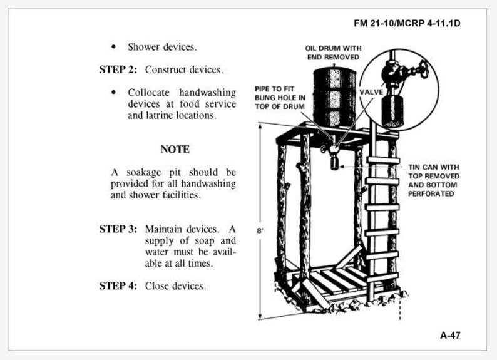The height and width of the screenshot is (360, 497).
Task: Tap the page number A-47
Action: (x=450, y=335)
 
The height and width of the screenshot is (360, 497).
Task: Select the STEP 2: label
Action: (x=118, y=69)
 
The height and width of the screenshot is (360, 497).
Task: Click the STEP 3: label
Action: (x=118, y=229)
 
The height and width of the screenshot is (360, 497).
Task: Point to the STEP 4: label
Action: (x=118, y=286)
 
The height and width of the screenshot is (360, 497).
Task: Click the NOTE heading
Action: (x=175, y=150)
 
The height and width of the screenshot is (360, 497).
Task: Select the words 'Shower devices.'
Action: (x=162, y=47)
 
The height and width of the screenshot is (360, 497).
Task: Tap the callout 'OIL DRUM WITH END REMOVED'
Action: (x=332, y=53)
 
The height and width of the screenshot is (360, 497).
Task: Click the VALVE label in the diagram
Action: (x=371, y=92)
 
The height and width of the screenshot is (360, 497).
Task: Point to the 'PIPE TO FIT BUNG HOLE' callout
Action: (x=280, y=98)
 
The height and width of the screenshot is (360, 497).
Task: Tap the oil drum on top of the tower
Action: (x=334, y=95)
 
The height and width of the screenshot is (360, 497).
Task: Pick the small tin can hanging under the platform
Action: (x=334, y=162)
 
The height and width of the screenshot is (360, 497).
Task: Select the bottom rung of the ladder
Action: (x=381, y=276)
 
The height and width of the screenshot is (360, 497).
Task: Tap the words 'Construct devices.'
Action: (x=184, y=69)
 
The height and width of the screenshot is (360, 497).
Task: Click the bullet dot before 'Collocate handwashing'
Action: (x=113, y=93)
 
